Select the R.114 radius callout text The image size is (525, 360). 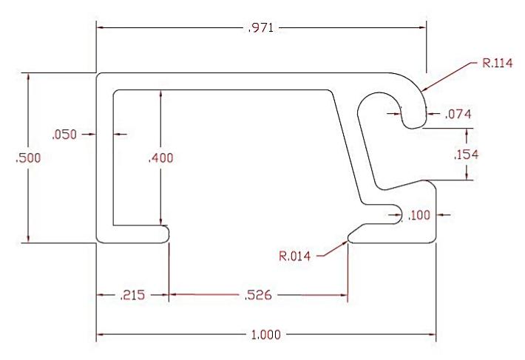(x=496, y=64)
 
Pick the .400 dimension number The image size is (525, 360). (x=160, y=157)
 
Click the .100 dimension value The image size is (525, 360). (x=419, y=215)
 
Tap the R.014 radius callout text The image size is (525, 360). (x=294, y=257)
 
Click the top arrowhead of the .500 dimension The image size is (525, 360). (x=27, y=76)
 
